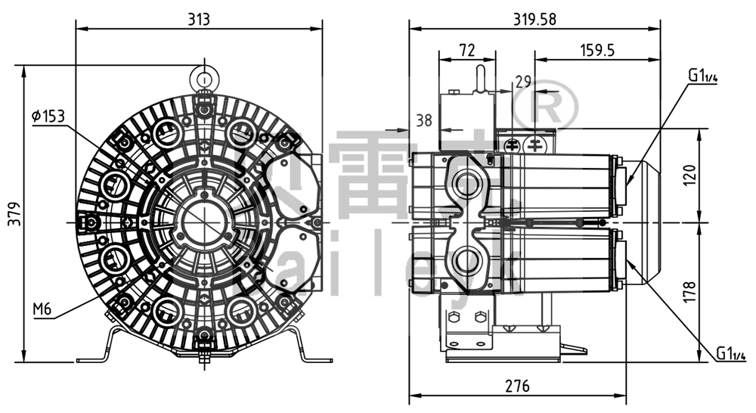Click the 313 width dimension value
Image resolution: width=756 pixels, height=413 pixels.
(199, 19)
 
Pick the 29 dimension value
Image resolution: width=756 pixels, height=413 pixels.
(523, 81)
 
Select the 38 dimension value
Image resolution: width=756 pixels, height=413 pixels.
(424, 119)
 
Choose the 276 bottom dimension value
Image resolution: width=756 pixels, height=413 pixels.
(516, 386)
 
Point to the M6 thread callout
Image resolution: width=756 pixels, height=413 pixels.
(42, 309)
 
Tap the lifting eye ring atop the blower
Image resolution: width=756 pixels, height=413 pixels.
(203, 76)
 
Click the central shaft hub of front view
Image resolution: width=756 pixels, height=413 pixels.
(203, 222)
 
